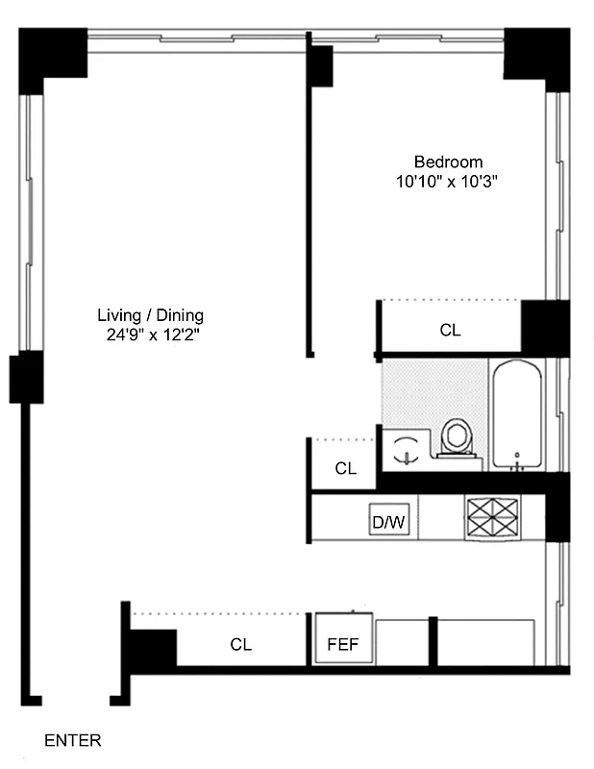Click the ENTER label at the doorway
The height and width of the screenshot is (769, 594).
(72, 741)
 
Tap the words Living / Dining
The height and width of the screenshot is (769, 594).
(150, 315)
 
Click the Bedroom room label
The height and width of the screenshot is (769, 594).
(448, 161)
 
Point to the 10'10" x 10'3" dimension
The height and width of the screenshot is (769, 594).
(448, 180)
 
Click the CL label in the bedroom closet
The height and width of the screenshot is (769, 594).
(450, 330)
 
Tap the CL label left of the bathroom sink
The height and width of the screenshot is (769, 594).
(345, 469)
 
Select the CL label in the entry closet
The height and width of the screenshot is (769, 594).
(240, 645)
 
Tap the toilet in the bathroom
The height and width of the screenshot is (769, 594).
(456, 437)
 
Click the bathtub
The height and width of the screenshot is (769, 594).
(516, 414)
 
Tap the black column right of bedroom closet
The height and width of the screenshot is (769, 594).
(544, 328)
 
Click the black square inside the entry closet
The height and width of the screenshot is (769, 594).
(154, 648)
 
